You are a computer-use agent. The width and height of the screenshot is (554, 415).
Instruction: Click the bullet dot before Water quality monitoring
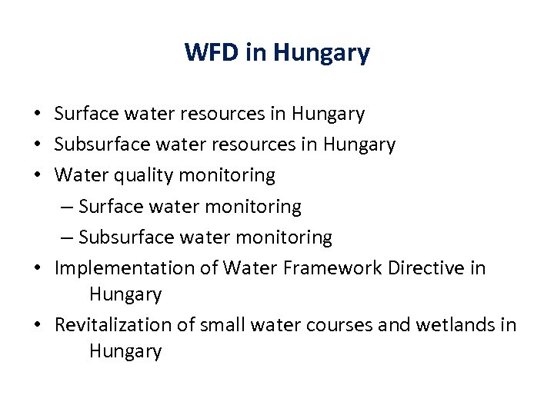(x=37, y=176)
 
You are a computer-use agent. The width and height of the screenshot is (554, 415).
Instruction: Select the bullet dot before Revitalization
(x=37, y=325)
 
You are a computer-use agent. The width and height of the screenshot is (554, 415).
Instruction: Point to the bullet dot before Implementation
(x=37, y=268)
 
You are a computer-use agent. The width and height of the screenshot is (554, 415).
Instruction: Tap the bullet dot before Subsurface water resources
(x=37, y=144)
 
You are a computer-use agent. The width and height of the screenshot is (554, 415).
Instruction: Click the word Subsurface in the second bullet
(x=97, y=144)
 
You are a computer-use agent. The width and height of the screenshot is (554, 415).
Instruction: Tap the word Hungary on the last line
(x=125, y=352)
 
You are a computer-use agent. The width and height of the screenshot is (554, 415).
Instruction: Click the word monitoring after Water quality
(x=227, y=176)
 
